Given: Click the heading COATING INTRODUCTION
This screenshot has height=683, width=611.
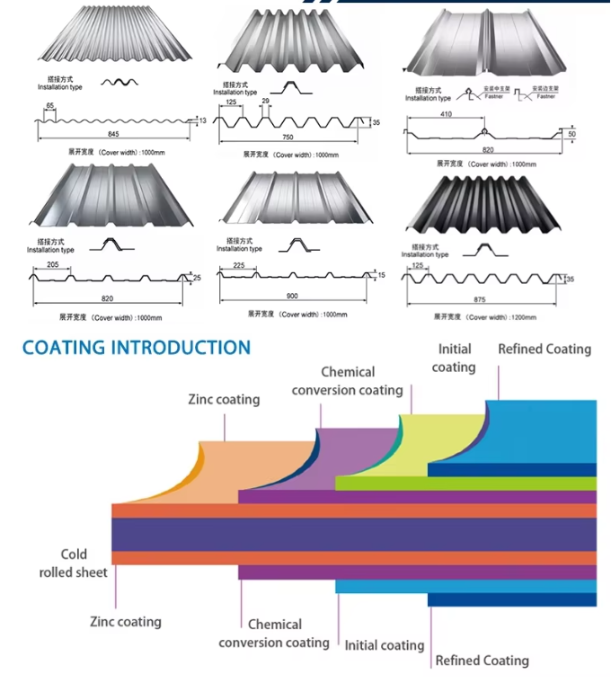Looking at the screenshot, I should point(136,348).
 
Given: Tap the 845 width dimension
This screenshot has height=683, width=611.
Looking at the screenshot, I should point(113,134).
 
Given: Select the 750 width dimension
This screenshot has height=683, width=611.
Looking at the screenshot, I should point(288,137).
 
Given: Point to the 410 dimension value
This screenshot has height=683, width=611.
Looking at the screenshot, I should point(447,115).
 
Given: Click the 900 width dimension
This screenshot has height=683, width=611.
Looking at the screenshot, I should point(292,296).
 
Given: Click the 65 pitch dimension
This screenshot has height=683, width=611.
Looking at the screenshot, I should point(50,106).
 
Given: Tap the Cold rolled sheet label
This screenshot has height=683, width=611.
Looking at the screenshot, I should point(74,563).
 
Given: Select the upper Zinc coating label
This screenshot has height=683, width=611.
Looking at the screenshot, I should point(224,399).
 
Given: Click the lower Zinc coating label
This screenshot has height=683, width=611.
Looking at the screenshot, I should point(126,621).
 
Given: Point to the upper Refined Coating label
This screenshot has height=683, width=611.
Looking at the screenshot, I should point(545,349).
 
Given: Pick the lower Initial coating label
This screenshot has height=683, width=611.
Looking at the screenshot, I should point(384,645).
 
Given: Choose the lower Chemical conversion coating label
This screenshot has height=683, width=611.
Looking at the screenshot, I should point(274,634).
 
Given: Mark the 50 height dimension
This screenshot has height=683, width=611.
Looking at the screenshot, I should point(571,134).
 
